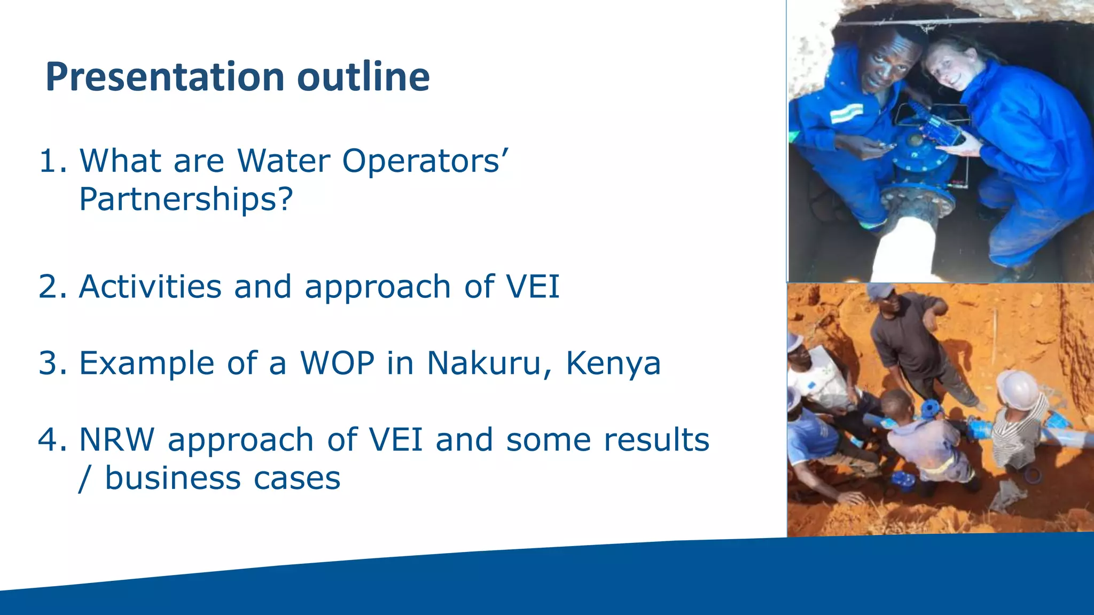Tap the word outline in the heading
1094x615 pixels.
(x=363, y=77)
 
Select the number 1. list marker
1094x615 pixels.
(x=53, y=161)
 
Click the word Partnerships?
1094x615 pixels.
(x=186, y=200)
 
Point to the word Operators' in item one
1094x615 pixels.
(x=425, y=161)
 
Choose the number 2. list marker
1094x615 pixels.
(x=53, y=287)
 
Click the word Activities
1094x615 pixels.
(x=150, y=287)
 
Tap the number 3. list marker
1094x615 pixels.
(x=53, y=363)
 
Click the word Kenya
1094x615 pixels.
(x=613, y=364)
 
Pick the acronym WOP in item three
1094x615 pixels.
(x=338, y=363)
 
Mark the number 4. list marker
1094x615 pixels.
(x=53, y=440)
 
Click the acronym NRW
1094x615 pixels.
(x=117, y=440)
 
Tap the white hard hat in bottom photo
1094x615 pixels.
(x=1018, y=389)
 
